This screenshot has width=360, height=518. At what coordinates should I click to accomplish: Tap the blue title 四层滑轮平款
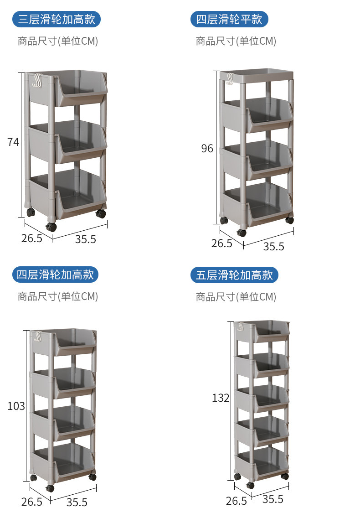tap(229, 19)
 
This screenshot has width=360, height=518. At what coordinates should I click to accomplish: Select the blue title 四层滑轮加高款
tap(55, 275)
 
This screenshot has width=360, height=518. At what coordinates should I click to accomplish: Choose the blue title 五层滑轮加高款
tap(235, 275)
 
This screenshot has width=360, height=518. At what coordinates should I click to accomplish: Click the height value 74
tap(13, 142)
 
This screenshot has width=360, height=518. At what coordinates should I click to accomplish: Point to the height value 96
tap(207, 149)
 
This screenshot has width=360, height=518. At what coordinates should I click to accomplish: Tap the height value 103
tap(16, 406)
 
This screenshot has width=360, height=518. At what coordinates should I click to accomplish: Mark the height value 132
tap(221, 398)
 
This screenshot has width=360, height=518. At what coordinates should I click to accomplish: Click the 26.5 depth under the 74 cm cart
tap(32, 238)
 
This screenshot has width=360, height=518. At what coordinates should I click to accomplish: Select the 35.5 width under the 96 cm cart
tap(273, 246)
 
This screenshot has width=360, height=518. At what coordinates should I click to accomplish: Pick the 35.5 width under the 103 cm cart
tap(77, 502)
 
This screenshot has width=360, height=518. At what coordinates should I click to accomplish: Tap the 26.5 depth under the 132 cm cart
tap(236, 501)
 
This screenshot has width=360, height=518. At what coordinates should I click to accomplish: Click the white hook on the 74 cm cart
tap(36, 81)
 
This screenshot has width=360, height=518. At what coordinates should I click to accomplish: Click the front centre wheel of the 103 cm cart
tap(50, 488)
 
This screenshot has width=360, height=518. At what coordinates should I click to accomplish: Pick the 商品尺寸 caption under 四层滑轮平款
tap(236, 41)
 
